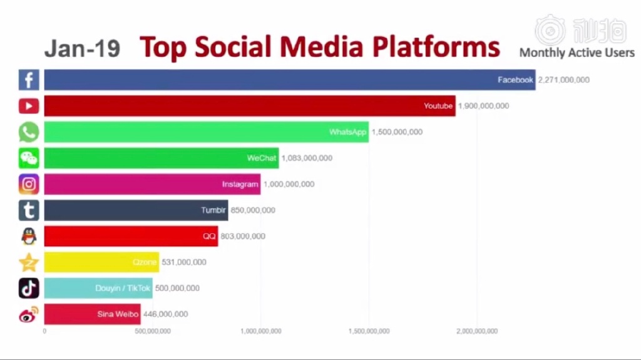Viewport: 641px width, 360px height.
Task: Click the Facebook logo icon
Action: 29,80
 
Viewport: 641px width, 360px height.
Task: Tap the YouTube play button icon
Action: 29,106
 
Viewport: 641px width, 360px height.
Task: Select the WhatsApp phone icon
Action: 29,131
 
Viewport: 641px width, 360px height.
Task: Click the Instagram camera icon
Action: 29,184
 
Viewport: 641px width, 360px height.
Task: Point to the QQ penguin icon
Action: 29,236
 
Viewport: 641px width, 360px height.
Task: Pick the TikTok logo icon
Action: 29,288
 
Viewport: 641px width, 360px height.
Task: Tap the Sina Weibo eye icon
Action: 29,314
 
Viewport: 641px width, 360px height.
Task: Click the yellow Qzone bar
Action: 101,262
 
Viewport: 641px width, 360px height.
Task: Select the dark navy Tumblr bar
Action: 136,210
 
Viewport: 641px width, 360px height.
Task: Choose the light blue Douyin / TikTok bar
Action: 98,288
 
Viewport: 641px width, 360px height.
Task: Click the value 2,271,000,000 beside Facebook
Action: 564,80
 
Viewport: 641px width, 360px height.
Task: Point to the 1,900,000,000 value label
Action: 483,106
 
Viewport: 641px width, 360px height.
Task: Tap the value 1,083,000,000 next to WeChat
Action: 307,158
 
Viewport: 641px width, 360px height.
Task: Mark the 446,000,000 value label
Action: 165,314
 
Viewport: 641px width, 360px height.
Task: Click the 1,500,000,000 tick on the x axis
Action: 369,331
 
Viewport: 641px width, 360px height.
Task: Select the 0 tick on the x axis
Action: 44,331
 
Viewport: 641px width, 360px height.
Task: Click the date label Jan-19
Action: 82,48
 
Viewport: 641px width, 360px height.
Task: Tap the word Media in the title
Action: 321,46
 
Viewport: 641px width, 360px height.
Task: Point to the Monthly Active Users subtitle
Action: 577,53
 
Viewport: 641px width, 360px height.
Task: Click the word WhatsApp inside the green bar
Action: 347,131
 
